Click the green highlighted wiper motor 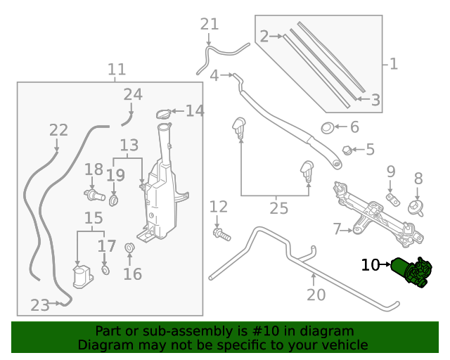(413, 271)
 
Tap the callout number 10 (371, 265)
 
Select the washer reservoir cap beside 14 (162, 113)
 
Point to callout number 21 (210, 25)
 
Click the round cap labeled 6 (327, 128)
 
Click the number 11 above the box (117, 70)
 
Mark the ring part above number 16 (129, 247)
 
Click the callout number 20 (316, 294)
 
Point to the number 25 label (279, 208)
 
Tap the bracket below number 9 (392, 202)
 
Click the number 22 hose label (58, 130)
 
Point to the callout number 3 (376, 101)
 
